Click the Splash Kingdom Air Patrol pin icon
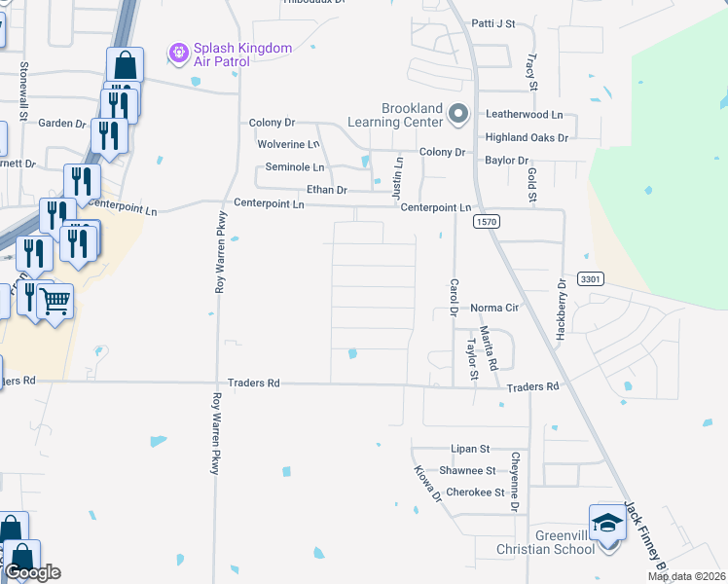coord(179,53)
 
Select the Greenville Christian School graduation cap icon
coord(607,524)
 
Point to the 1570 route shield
coord(488,223)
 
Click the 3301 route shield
coord(591,279)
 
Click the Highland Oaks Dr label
coord(527,138)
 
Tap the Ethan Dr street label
coord(327,190)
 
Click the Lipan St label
coord(469,450)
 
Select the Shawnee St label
coord(468,471)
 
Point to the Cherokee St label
coord(475,493)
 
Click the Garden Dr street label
coord(62,124)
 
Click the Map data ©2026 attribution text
coord(686,576)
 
